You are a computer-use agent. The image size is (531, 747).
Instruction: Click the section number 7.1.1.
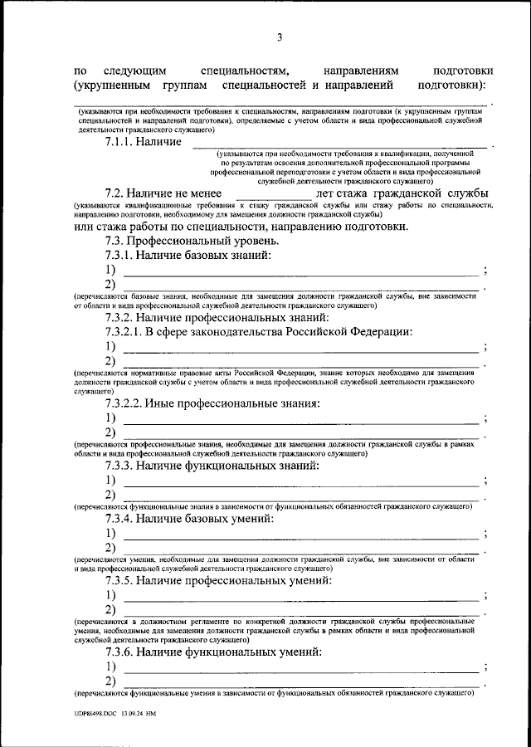click(121, 143)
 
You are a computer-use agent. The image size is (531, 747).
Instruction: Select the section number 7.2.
click(116, 193)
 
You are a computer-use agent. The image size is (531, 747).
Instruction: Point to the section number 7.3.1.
click(121, 256)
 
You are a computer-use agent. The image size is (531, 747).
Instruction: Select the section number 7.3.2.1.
click(126, 332)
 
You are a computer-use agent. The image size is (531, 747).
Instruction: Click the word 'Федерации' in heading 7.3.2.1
click(378, 332)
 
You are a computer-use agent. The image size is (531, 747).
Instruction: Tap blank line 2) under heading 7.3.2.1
click(300, 362)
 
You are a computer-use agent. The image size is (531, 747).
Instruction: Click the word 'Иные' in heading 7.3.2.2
click(158, 404)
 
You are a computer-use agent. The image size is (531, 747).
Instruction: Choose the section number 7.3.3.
click(121, 466)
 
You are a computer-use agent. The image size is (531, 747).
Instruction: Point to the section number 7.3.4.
click(121, 520)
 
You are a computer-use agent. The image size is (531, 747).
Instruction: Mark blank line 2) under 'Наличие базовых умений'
click(300, 549)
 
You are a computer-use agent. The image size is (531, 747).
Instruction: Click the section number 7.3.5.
click(121, 581)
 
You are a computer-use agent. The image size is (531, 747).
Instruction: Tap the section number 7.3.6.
click(121, 652)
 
